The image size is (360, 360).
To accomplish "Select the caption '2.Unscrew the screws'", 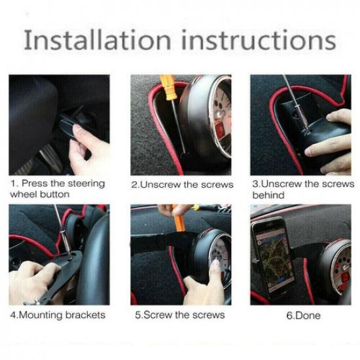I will pyautogui.click(x=182, y=185).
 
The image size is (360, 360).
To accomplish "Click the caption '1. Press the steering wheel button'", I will pyautogui.click(x=57, y=189).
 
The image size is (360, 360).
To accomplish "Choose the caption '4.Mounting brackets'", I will pyautogui.click(x=57, y=315).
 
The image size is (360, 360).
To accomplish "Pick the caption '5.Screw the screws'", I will pyautogui.click(x=179, y=315).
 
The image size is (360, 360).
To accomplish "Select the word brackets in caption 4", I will pyautogui.click(x=83, y=315).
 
